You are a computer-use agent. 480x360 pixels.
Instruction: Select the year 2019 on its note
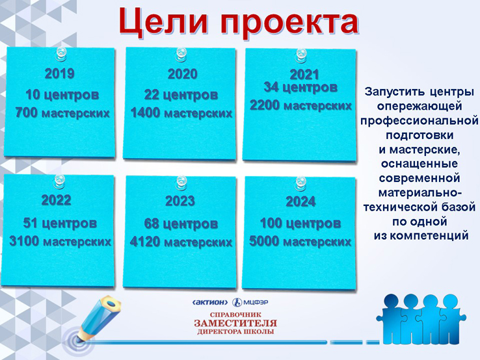click(x=59, y=73)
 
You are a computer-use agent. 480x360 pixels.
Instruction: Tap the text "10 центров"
click(x=62, y=95)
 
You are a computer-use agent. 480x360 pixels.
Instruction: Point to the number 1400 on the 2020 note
click(x=146, y=113)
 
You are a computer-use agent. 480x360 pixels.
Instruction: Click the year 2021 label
click(x=304, y=74)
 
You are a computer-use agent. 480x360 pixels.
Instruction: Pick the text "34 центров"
click(x=300, y=88)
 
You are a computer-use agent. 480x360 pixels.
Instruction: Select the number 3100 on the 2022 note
click(x=24, y=241)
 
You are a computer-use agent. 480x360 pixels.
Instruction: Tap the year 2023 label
click(x=180, y=201)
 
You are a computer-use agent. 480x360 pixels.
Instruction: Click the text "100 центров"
click(x=300, y=224)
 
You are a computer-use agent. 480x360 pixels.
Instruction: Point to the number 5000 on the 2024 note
click(x=264, y=241)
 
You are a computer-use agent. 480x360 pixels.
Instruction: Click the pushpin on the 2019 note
click(x=60, y=54)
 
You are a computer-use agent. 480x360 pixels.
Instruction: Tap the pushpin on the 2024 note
click(x=300, y=183)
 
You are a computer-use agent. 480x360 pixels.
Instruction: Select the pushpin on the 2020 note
click(x=181, y=55)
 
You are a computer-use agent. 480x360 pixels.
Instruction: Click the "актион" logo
click(x=210, y=303)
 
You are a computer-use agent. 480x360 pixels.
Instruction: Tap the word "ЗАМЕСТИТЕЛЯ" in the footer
click(x=235, y=324)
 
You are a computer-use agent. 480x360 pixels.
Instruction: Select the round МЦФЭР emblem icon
click(x=237, y=303)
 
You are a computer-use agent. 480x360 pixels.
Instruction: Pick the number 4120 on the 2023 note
click(x=145, y=242)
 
